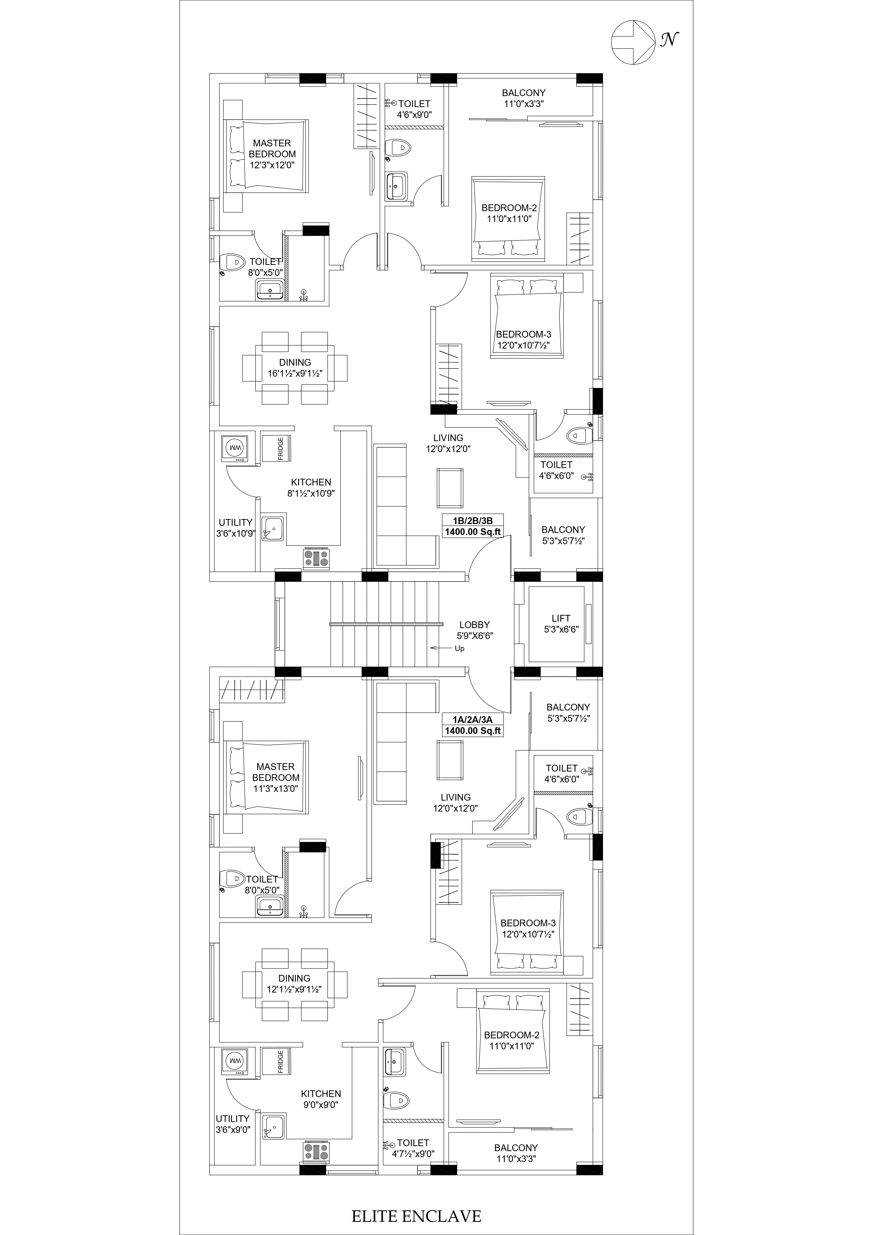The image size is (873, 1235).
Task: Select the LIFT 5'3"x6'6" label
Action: (x=561, y=624)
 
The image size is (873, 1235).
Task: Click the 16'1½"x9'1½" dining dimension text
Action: (x=295, y=373)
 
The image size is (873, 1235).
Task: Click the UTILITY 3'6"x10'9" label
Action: (x=235, y=528)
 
